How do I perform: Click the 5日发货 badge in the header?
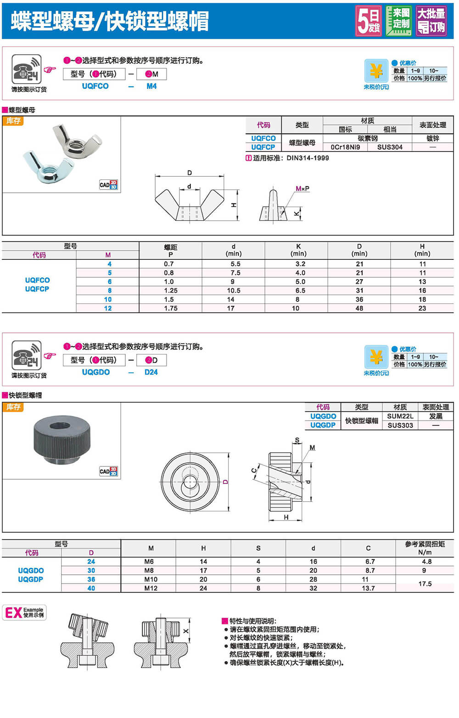pyautogui.click(x=369, y=21)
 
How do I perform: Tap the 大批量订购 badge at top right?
pyautogui.click(x=431, y=21)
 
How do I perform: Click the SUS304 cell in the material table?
pyautogui.click(x=390, y=147)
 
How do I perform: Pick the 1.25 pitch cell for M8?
pyautogui.click(x=171, y=291)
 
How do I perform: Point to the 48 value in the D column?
pyautogui.click(x=359, y=309)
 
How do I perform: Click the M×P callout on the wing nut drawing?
pyautogui.click(x=302, y=189)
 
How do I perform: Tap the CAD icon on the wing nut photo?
pyautogui.click(x=108, y=185)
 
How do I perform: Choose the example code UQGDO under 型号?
pyautogui.click(x=96, y=372)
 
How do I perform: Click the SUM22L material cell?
pyautogui.click(x=400, y=416)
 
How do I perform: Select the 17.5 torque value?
pyautogui.click(x=425, y=584)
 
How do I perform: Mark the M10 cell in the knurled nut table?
pyautogui.click(x=151, y=579)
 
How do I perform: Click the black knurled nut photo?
pyautogui.click(x=62, y=440)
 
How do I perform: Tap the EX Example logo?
pyautogui.click(x=24, y=612)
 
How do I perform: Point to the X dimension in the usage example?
pyautogui.click(x=186, y=631)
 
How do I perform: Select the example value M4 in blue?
pyautogui.click(x=151, y=86)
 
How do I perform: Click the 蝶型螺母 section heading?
pyautogui.click(x=22, y=110)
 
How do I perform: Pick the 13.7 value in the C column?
pyautogui.click(x=368, y=588)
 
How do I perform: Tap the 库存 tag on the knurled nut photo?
pyautogui.click(x=13, y=407)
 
